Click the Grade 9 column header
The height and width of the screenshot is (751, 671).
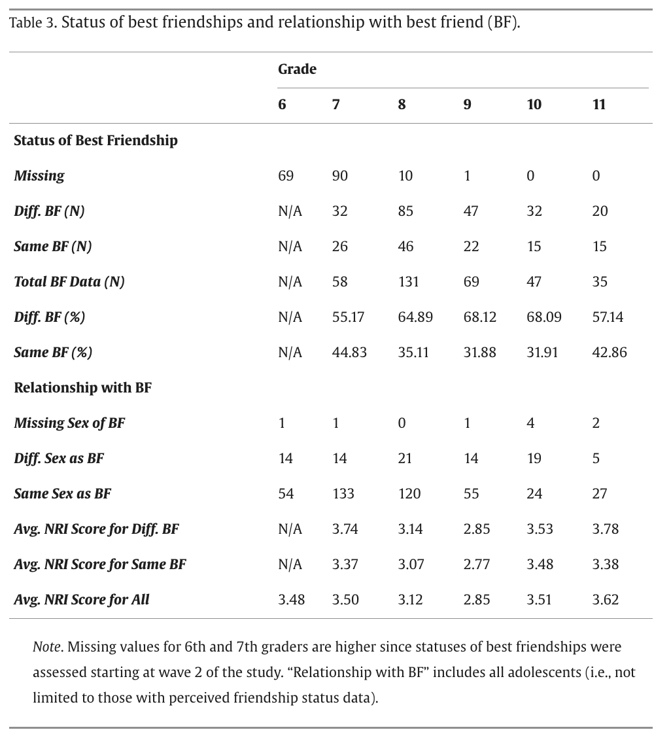pyautogui.click(x=467, y=105)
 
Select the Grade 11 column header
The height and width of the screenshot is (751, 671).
pyautogui.click(x=598, y=105)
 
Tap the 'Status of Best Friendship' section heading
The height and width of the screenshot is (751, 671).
pyautogui.click(x=95, y=141)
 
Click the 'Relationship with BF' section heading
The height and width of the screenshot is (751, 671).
pyautogui.click(x=82, y=388)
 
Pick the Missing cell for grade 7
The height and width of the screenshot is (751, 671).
pyautogui.click(x=340, y=176)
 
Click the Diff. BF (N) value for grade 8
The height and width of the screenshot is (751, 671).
pyautogui.click(x=405, y=211)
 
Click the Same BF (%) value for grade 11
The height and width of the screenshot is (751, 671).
pyautogui.click(x=609, y=353)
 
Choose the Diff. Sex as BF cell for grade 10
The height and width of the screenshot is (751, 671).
pyautogui.click(x=534, y=459)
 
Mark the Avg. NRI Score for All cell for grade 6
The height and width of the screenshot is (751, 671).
pyautogui.click(x=291, y=600)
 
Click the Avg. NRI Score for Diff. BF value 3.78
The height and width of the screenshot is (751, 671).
pyautogui.click(x=606, y=529)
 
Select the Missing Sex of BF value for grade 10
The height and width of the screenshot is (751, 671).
pyautogui.click(x=530, y=423)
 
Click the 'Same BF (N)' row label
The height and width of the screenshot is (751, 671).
pyautogui.click(x=53, y=247)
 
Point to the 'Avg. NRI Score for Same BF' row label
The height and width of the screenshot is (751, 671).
pyautogui.click(x=100, y=565)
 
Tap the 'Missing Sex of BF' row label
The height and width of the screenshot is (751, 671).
pyautogui.click(x=69, y=423)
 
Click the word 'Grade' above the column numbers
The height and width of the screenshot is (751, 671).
pyautogui.click(x=297, y=69)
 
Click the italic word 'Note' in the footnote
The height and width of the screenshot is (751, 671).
pyautogui.click(x=46, y=647)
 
